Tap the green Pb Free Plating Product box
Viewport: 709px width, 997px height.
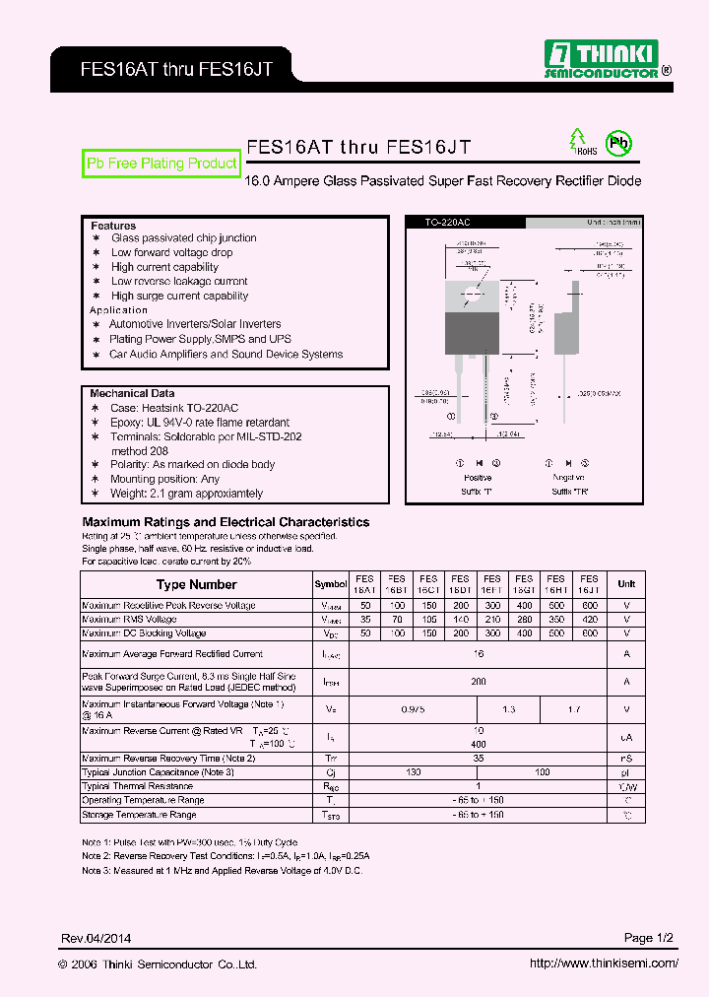click(162, 164)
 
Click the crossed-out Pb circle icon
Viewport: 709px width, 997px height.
click(617, 143)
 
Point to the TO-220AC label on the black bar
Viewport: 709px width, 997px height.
click(448, 224)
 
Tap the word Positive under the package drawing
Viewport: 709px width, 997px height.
click(477, 478)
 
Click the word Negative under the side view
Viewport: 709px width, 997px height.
click(568, 478)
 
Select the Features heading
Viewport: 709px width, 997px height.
click(113, 226)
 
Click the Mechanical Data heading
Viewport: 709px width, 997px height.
click(132, 393)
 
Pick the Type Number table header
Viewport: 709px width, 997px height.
click(197, 584)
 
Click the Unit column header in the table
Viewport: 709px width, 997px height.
click(626, 584)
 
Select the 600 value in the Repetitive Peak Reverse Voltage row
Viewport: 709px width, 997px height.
click(589, 606)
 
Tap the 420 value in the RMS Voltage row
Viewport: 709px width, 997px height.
click(589, 620)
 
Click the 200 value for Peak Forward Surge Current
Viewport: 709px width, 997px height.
click(479, 681)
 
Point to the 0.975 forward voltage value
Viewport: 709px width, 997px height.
click(413, 709)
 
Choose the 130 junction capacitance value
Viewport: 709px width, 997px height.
click(413, 772)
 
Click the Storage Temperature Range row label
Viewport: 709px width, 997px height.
click(139, 815)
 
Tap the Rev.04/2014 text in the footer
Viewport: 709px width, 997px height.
click(97, 938)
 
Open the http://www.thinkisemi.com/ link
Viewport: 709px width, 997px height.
click(604, 964)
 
